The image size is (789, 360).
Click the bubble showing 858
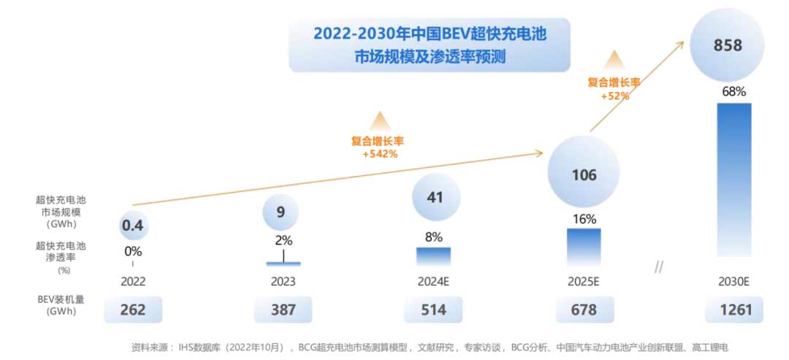coord(728,45)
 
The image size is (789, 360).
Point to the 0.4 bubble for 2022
coord(132,226)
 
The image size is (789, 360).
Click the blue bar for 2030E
coord(733,180)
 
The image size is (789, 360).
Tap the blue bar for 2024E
coord(433,256)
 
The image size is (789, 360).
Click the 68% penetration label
coord(733,92)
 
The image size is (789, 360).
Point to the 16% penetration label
coord(584,219)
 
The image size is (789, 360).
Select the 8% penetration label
coord(434,237)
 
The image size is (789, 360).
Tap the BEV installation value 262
coord(132,310)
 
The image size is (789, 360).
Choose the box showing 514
coord(433,310)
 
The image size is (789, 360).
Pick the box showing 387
coord(283,310)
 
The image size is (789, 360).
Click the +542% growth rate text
coord(379,154)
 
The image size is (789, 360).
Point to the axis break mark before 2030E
coord(658,268)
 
